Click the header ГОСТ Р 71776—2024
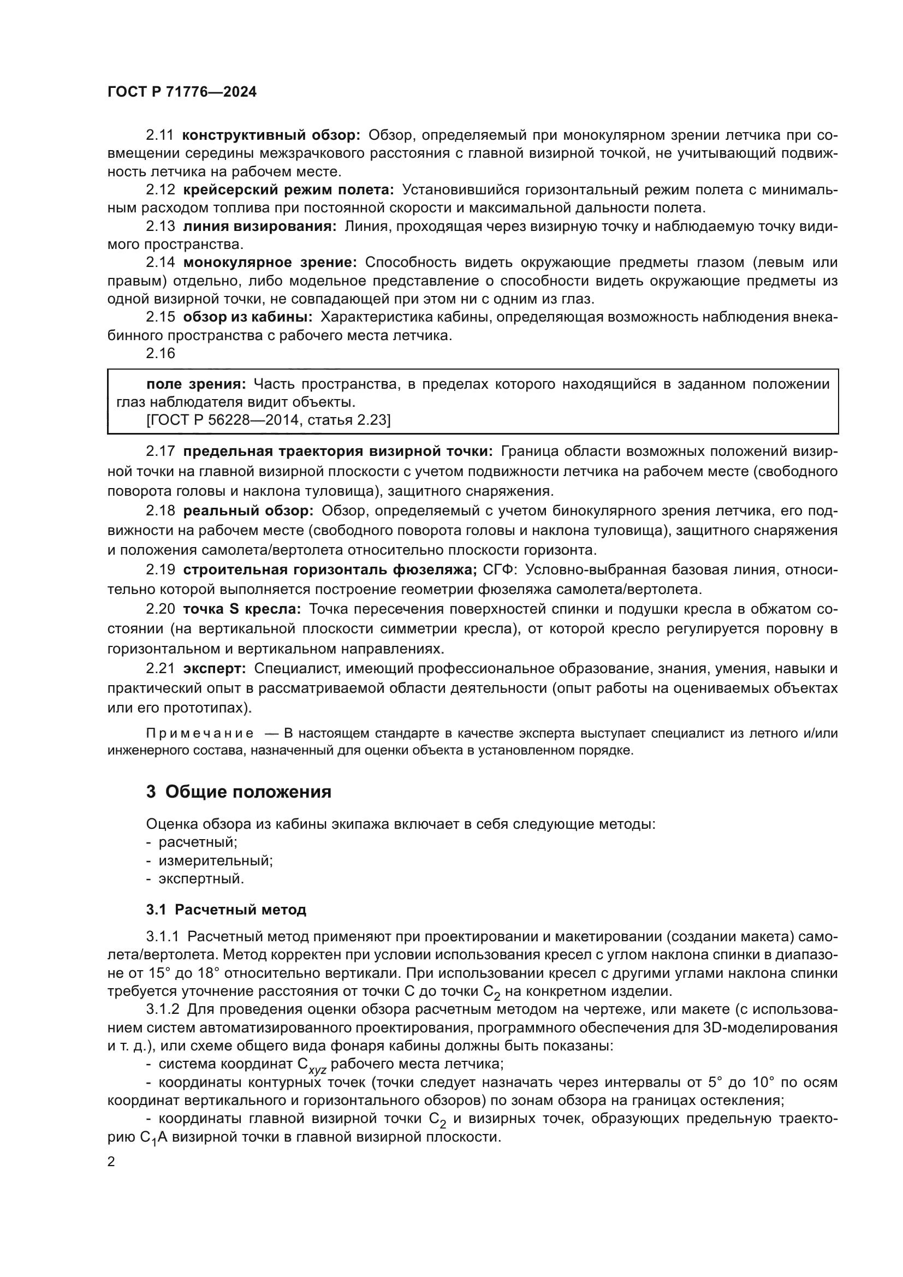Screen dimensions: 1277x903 [182, 92]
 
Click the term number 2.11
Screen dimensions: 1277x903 [159, 135]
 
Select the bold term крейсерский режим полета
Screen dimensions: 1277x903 [288, 189]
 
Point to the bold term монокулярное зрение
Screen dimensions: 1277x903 [270, 262]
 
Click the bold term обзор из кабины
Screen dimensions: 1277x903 [247, 317]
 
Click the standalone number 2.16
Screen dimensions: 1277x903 [160, 353]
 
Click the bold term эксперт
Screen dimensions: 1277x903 [215, 668]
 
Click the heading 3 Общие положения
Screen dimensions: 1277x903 [239, 792]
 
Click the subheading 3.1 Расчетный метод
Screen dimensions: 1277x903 [226, 910]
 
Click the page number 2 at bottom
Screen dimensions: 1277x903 [111, 1161]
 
